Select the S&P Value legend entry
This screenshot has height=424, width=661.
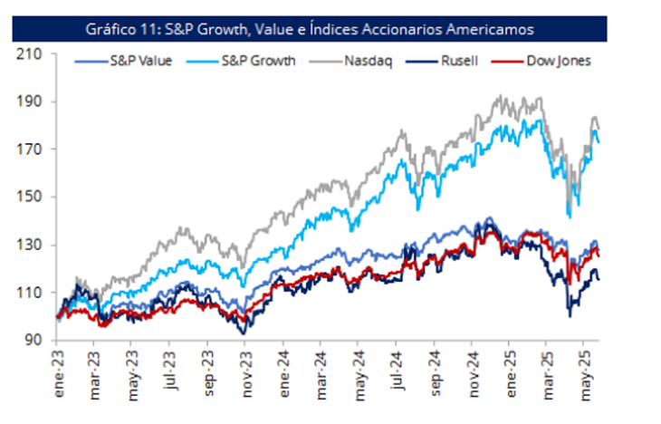(131, 62)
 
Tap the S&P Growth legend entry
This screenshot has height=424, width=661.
(244, 62)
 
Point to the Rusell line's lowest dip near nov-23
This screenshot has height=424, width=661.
(243, 333)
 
